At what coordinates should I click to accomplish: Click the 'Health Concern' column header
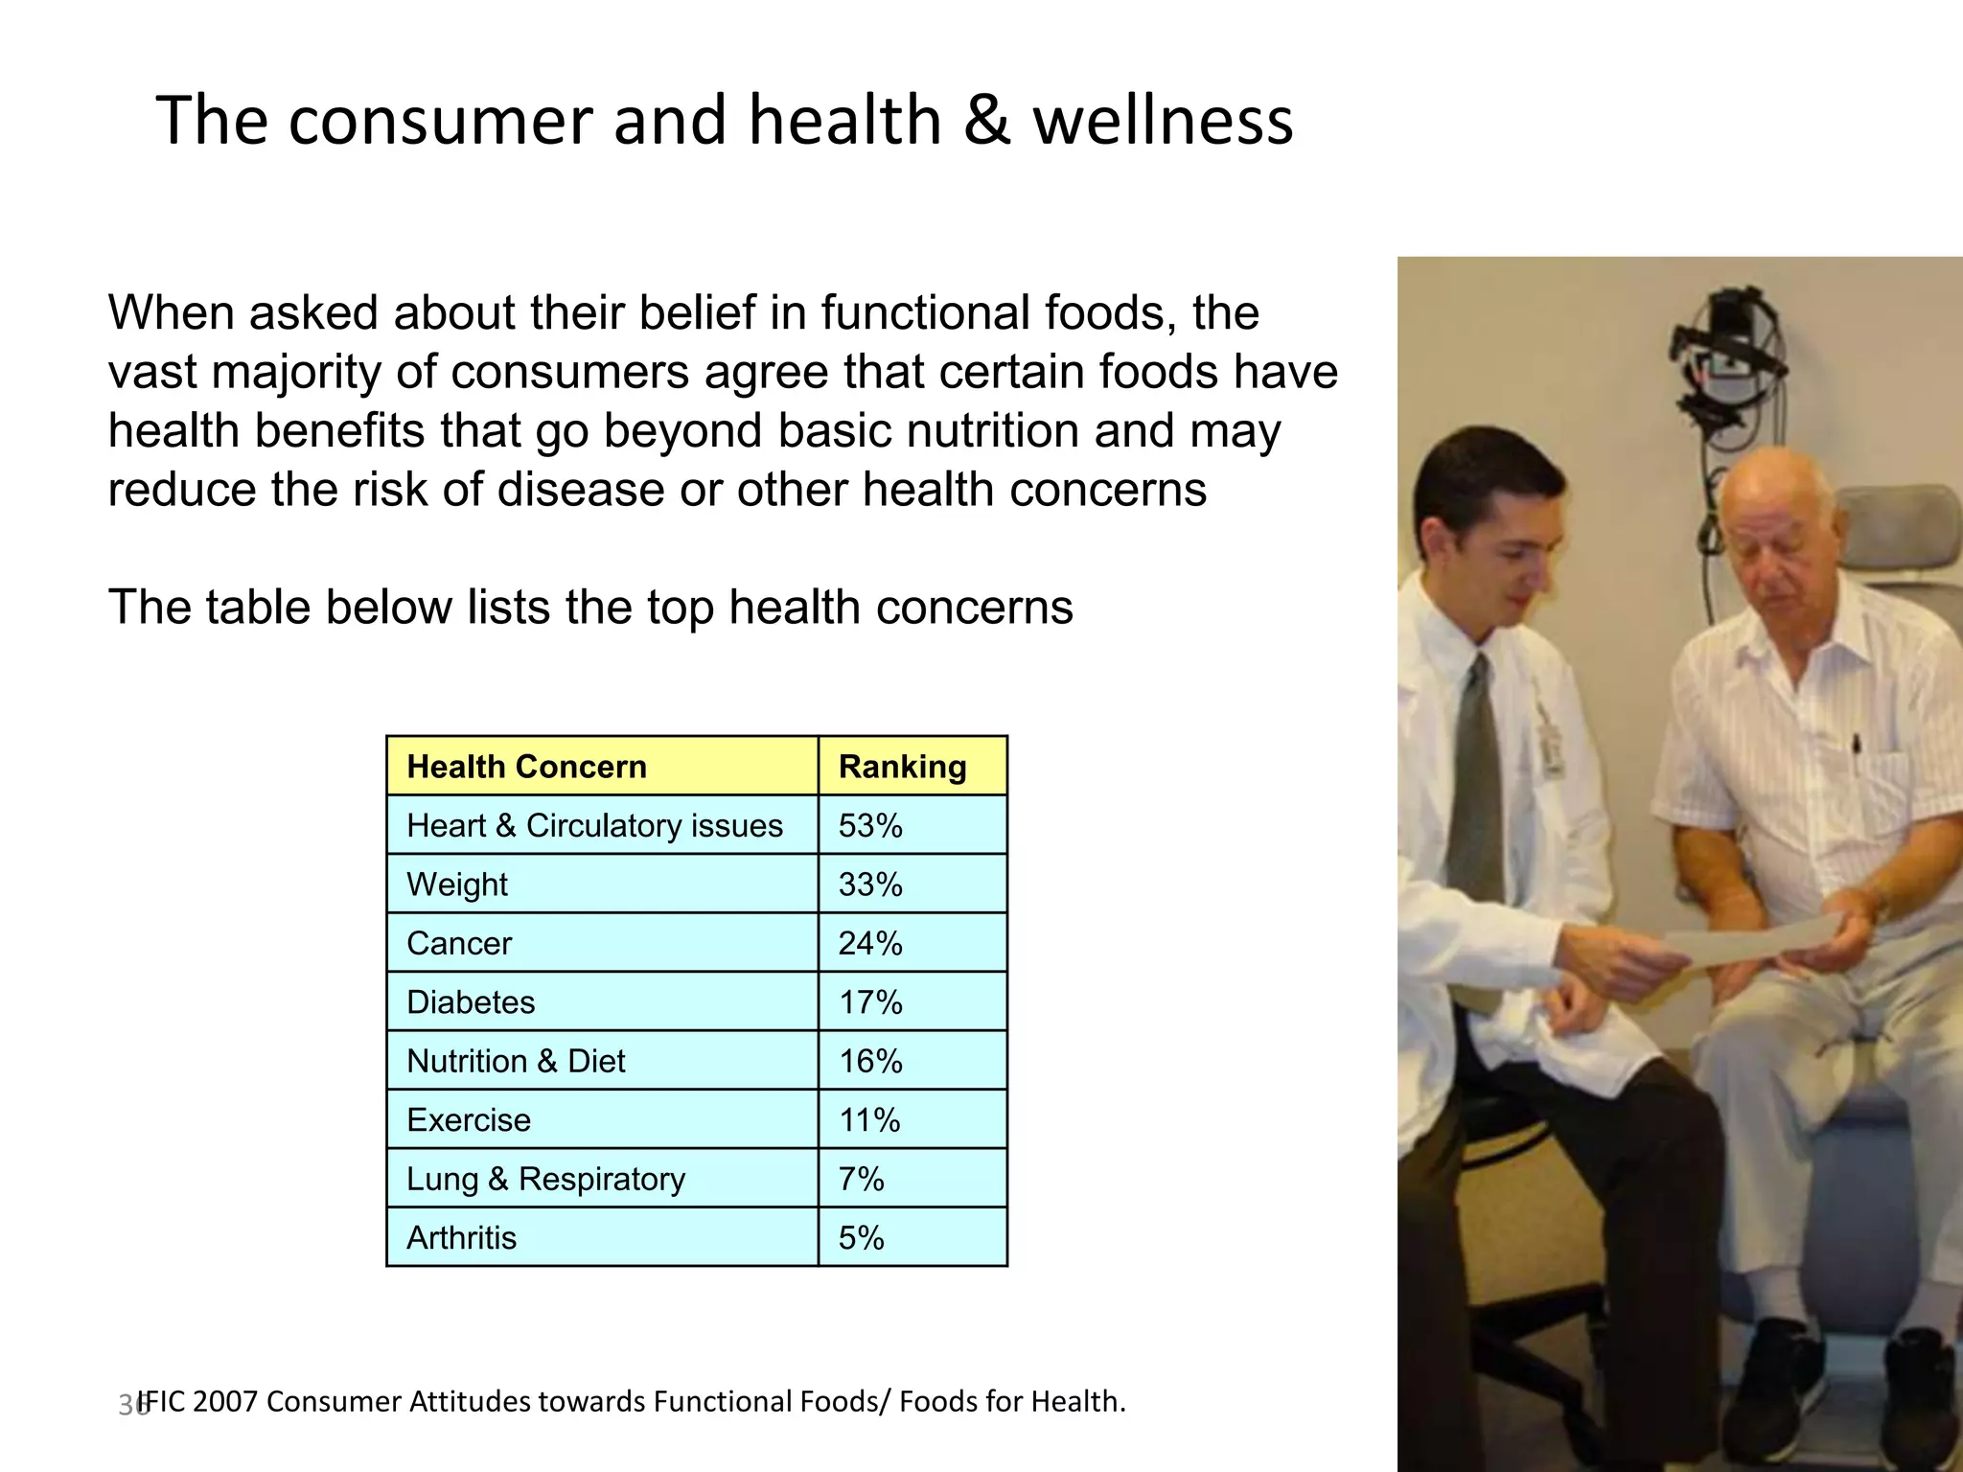click(526, 767)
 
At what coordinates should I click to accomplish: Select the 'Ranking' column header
click(902, 767)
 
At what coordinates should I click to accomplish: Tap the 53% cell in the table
click(870, 825)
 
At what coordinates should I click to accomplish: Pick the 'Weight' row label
click(457, 884)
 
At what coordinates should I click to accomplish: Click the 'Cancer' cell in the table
click(459, 943)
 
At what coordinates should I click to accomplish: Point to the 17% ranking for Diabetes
click(870, 1002)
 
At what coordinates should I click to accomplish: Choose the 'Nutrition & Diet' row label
click(516, 1061)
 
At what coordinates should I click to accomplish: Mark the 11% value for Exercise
click(869, 1119)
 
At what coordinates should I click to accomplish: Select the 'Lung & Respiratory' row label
click(545, 1179)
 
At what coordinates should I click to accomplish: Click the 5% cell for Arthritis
click(861, 1237)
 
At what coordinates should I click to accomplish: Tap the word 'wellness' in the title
click(1163, 121)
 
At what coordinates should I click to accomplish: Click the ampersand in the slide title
click(986, 121)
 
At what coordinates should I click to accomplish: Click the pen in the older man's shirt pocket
click(1856, 744)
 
